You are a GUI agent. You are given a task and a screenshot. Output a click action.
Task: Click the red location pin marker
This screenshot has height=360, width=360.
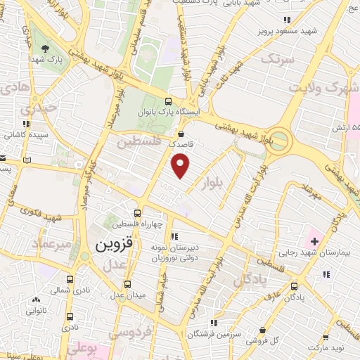(x=181, y=167)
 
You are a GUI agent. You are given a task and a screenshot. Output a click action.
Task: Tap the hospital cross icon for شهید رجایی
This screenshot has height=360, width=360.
(x=314, y=242)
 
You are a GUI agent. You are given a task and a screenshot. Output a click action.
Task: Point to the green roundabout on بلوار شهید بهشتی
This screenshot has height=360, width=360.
(x=279, y=138)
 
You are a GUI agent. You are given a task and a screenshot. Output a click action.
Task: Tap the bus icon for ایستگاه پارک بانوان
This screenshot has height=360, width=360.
(x=168, y=101)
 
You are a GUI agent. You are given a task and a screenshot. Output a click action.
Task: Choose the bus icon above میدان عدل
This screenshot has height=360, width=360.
(x=127, y=284)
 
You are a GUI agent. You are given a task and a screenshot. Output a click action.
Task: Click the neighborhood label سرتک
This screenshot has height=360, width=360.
(x=274, y=59)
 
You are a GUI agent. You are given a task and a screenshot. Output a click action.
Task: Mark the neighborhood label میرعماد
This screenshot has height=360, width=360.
(x=51, y=243)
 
